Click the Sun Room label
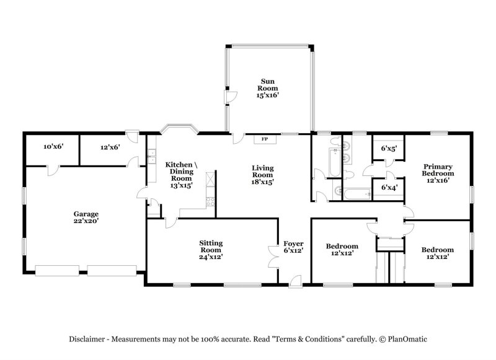pyautogui.click(x=267, y=88)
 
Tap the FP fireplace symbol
pyautogui.click(x=265, y=139)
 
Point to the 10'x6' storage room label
pyautogui.click(x=53, y=147)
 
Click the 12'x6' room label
pyautogui.click(x=110, y=147)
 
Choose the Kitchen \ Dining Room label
pyautogui.click(x=182, y=171)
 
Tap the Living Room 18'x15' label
pyautogui.click(x=263, y=175)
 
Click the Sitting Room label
pyautogui.click(x=211, y=249)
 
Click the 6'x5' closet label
pyautogui.click(x=389, y=148)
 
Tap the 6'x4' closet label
pyautogui.click(x=389, y=187)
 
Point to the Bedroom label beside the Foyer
pyautogui.click(x=342, y=250)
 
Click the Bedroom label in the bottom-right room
pyautogui.click(x=437, y=253)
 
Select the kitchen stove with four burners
pyautogui.click(x=210, y=201)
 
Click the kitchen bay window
pyautogui.click(x=179, y=130)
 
